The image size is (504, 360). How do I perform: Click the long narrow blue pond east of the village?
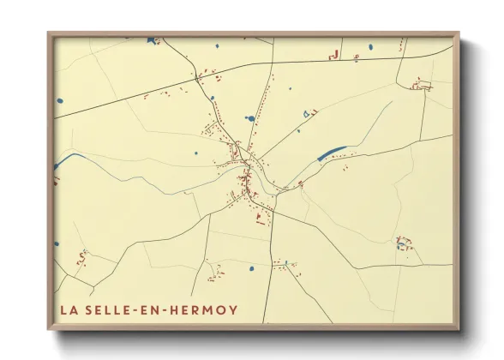[332, 153]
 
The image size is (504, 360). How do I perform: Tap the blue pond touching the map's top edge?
[153, 39]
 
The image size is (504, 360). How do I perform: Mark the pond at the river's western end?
[57, 165]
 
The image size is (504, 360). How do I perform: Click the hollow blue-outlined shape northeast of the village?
[307, 111]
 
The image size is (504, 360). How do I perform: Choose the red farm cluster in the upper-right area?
[420, 84]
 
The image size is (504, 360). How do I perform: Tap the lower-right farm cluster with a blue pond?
[402, 243]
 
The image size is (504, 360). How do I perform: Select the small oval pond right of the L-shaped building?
[370, 47]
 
